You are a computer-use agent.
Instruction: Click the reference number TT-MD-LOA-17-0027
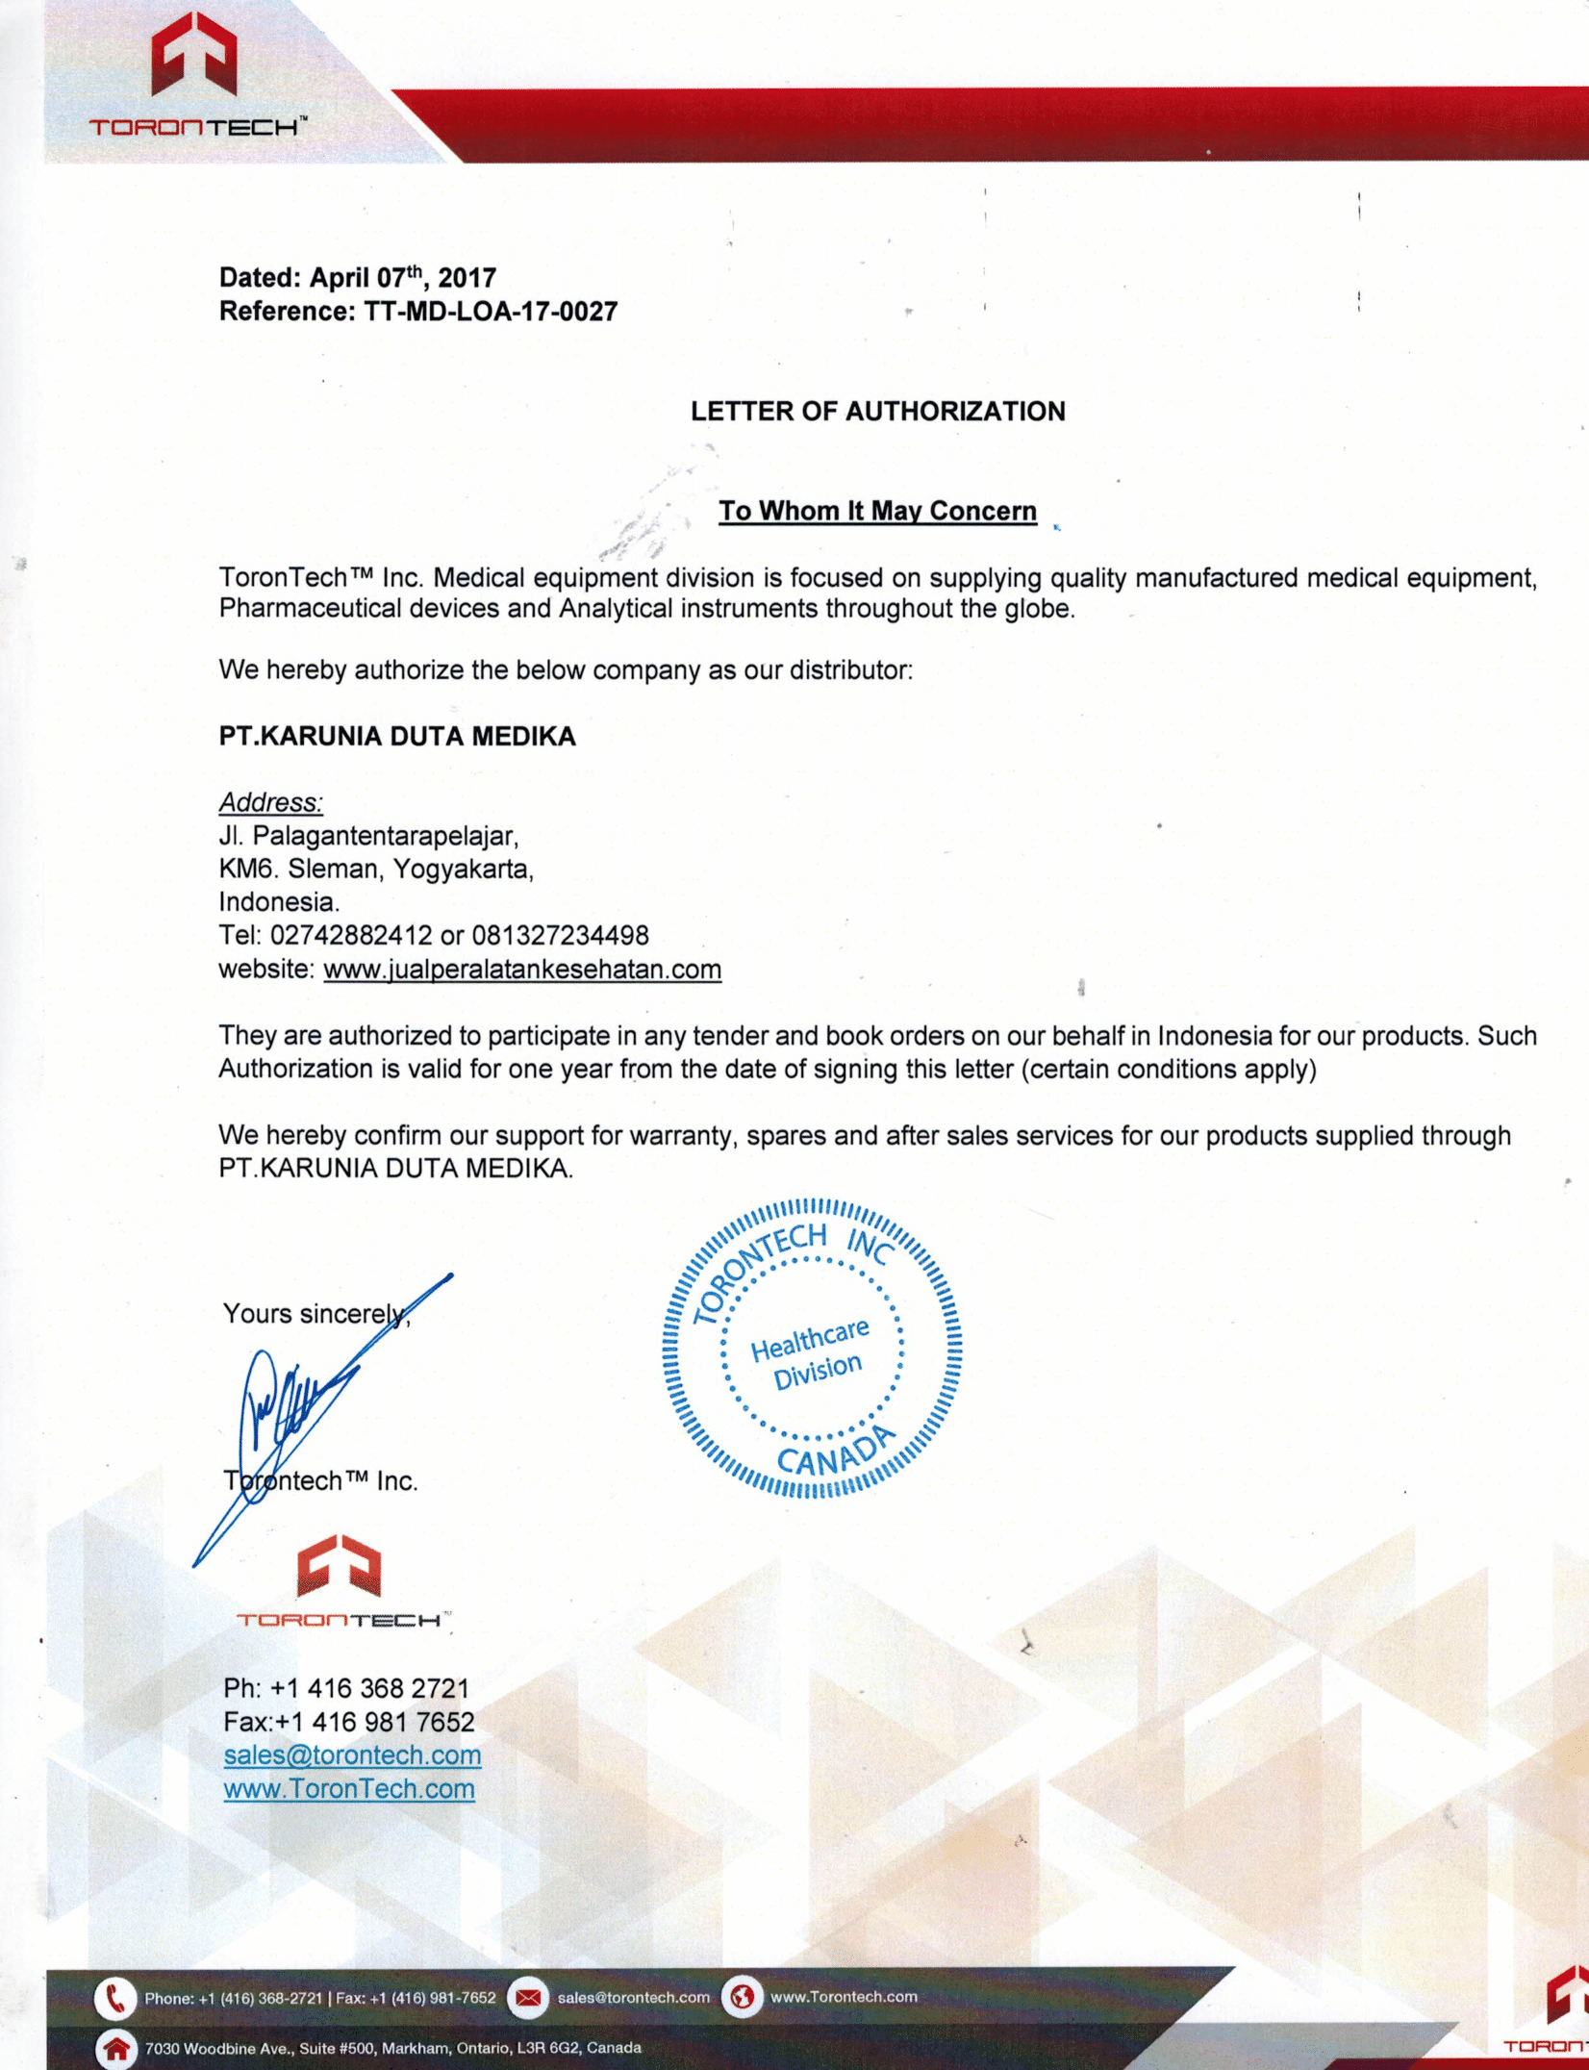pyautogui.click(x=491, y=312)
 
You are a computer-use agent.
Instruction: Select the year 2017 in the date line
pyautogui.click(x=467, y=279)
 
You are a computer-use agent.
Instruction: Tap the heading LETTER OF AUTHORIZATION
pyautogui.click(x=877, y=412)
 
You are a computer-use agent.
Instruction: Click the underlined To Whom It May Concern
pyautogui.click(x=877, y=511)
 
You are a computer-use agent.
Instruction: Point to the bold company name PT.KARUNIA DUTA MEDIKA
pyautogui.click(x=397, y=737)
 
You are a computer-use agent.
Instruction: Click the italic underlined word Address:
pyautogui.click(x=270, y=802)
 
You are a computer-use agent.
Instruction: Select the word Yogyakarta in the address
pyautogui.click(x=462, y=870)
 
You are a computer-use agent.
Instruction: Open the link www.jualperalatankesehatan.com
pyautogui.click(x=522, y=970)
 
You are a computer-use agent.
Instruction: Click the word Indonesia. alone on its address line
pyautogui.click(x=279, y=902)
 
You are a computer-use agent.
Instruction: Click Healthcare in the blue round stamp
pyautogui.click(x=810, y=1339)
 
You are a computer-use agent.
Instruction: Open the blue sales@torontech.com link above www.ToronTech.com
pyautogui.click(x=352, y=1755)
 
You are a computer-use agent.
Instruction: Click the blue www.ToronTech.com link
pyautogui.click(x=349, y=1789)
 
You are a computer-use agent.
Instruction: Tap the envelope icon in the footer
pyautogui.click(x=527, y=1998)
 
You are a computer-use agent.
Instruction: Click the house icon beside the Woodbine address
pyautogui.click(x=116, y=2048)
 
